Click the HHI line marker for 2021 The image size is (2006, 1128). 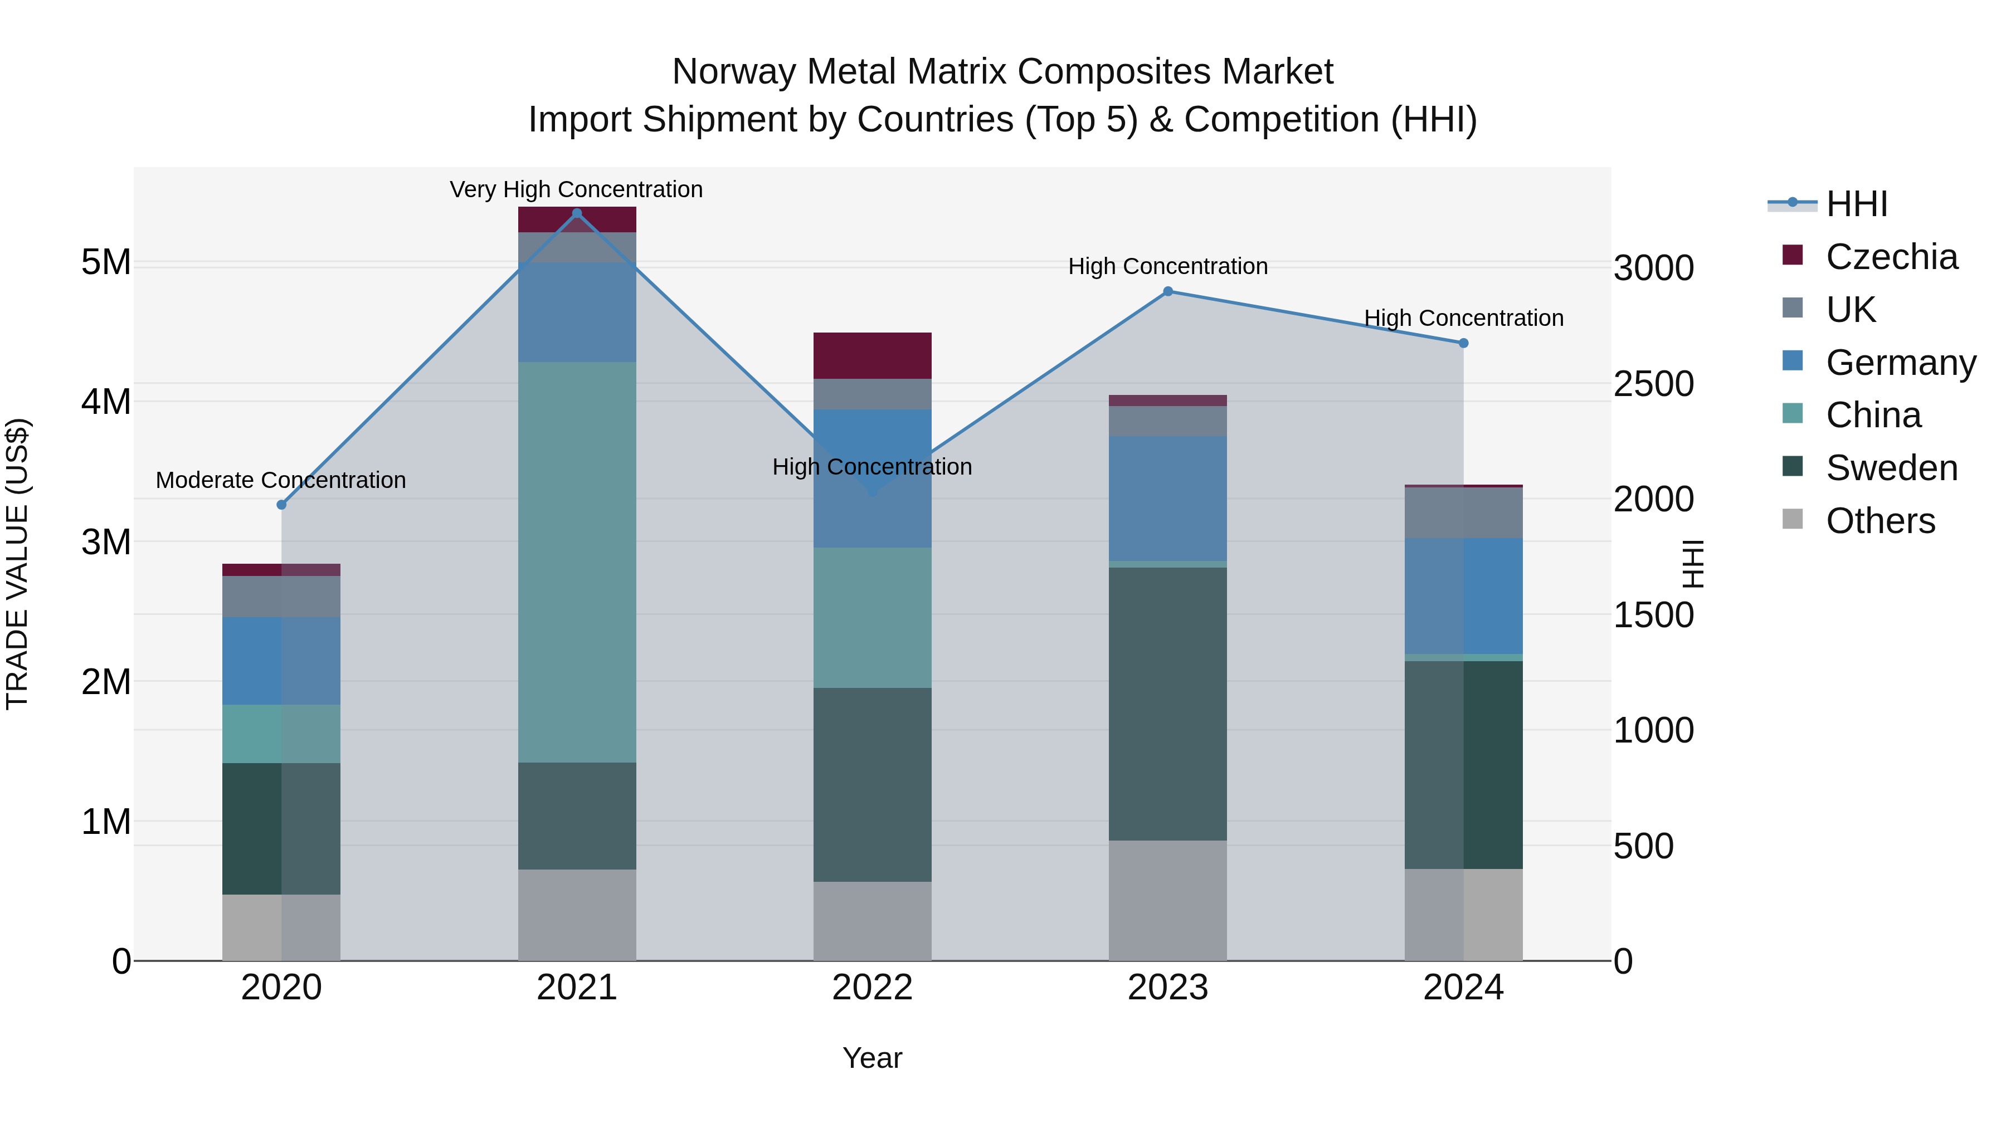(x=577, y=213)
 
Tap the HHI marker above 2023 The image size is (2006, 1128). (x=1168, y=291)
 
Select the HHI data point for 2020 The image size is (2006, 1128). (x=282, y=505)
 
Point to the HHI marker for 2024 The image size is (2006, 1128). (x=1463, y=343)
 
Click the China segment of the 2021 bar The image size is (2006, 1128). (x=577, y=562)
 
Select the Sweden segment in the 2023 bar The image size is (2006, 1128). (x=1168, y=704)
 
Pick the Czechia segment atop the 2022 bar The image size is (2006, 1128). (x=872, y=356)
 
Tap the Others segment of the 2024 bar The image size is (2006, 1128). (x=1463, y=915)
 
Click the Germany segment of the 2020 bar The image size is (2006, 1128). (x=282, y=661)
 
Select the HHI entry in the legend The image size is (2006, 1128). (x=1857, y=204)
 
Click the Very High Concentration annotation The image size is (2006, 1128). (x=576, y=189)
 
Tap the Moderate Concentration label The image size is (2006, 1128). (x=281, y=480)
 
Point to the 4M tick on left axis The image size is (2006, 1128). (x=106, y=402)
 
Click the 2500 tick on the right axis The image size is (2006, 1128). (x=1653, y=384)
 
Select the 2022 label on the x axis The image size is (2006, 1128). (x=872, y=988)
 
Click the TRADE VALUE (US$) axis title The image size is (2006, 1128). (x=17, y=564)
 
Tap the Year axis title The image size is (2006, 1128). (x=872, y=1058)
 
